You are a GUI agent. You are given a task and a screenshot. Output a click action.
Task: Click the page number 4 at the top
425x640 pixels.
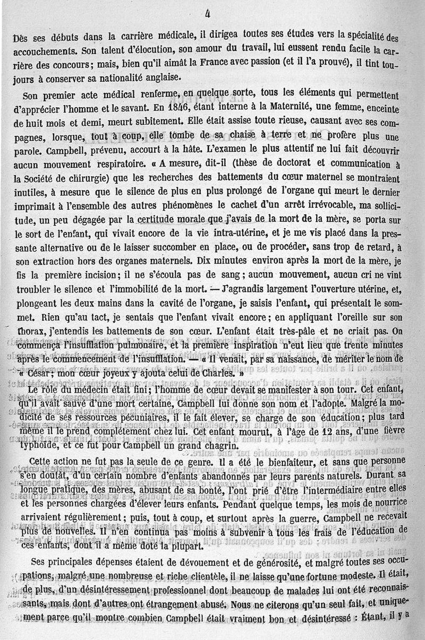click(207, 15)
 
